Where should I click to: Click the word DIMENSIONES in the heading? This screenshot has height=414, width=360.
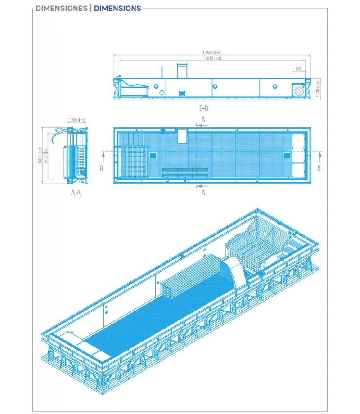click(62, 8)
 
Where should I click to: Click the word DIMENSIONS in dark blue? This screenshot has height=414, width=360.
click(117, 8)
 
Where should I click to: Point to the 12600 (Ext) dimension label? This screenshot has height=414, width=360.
click(212, 53)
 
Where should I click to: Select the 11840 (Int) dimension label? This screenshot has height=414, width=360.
click(212, 58)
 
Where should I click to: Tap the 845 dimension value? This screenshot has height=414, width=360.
click(299, 69)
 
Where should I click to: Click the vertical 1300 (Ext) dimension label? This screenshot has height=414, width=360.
click(318, 88)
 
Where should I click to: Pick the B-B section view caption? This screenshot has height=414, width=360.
click(203, 108)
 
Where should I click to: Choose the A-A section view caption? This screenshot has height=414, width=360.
click(76, 192)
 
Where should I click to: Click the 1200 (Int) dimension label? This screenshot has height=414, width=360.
click(77, 120)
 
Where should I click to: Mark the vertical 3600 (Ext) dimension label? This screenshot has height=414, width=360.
click(40, 156)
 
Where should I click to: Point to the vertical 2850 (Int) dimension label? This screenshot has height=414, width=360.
click(45, 156)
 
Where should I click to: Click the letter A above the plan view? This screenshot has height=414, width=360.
click(203, 119)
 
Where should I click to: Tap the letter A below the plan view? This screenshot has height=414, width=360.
click(203, 193)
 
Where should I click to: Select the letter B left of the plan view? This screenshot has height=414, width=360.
click(102, 168)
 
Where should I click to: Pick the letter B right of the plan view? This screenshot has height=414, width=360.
click(319, 168)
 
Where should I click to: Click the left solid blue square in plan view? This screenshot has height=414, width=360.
click(153, 155)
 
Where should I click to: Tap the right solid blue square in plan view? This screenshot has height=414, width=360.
click(287, 155)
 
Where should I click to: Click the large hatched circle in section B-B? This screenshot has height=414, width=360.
click(298, 90)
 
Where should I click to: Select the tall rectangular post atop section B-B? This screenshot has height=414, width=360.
click(182, 71)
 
